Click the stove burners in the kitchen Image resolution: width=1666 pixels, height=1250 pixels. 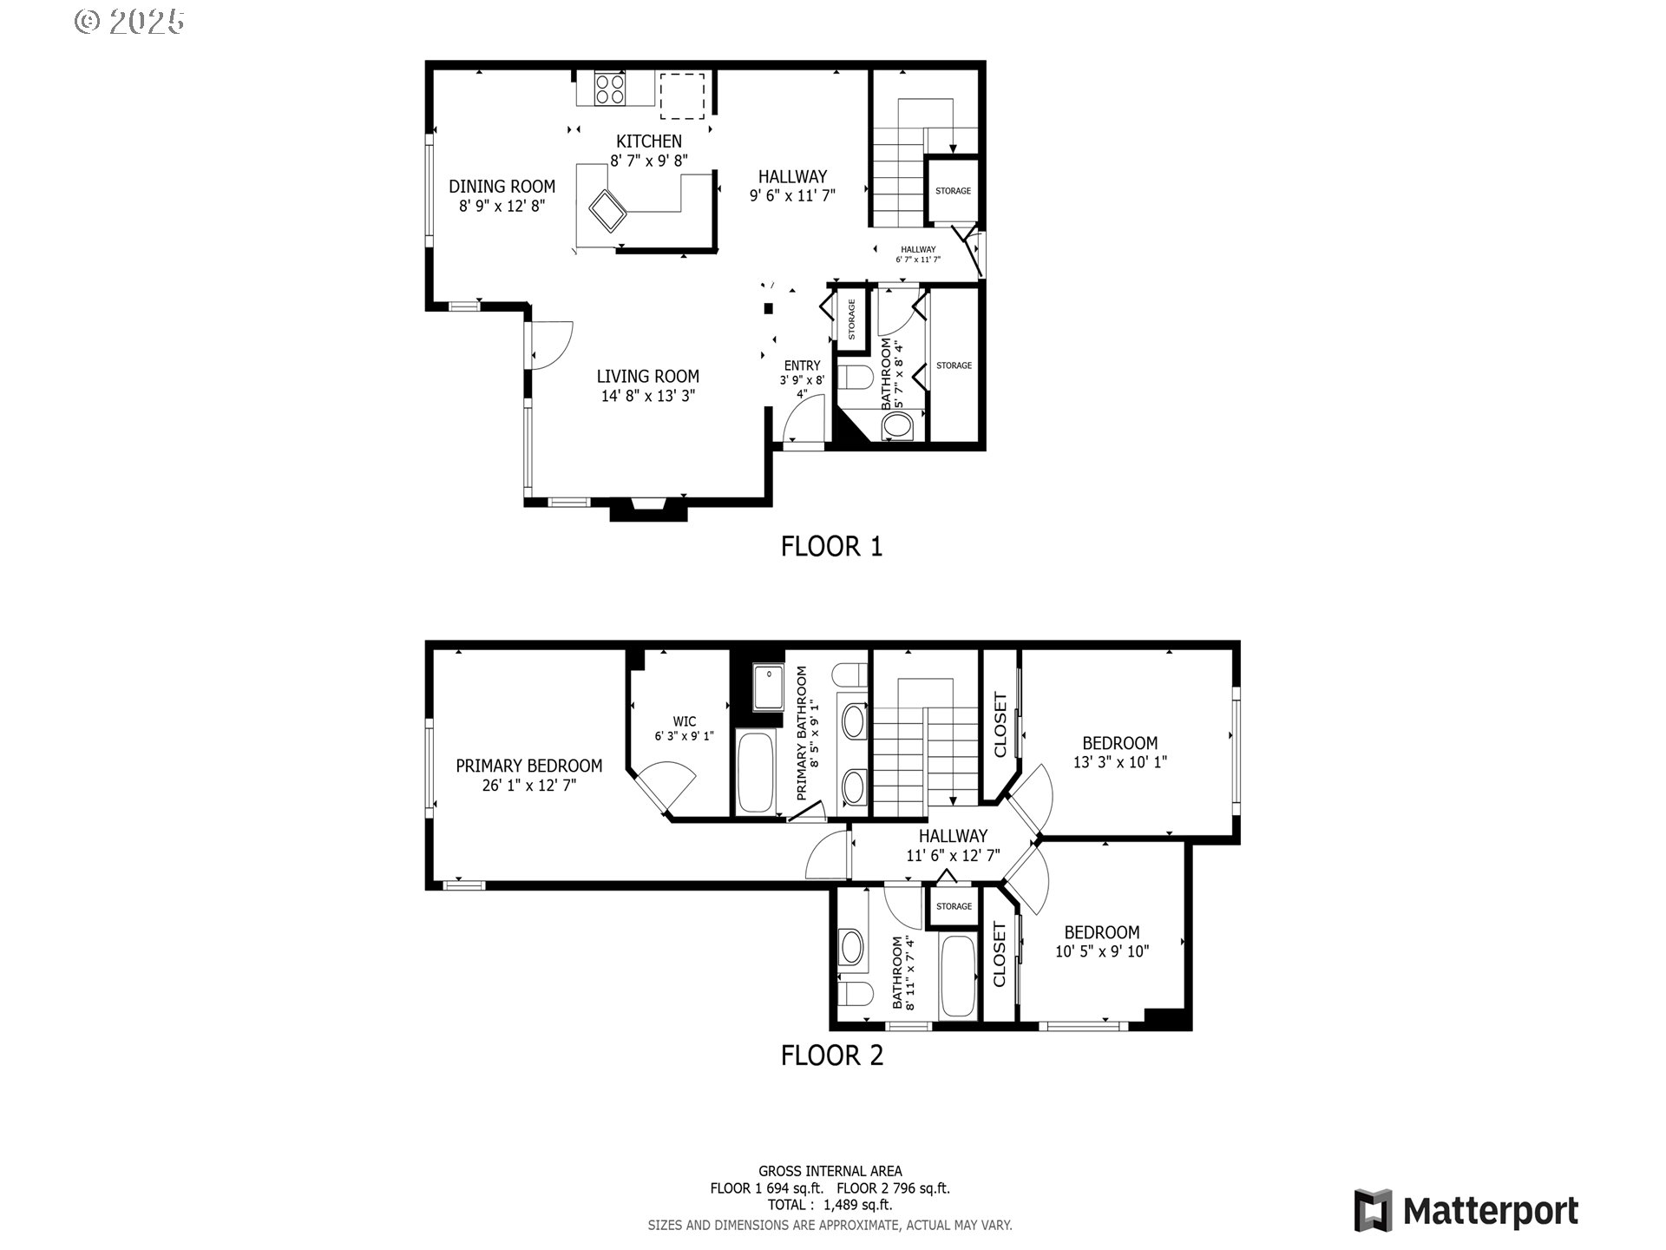click(x=610, y=89)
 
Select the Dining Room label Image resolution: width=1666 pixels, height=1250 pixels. click(x=502, y=186)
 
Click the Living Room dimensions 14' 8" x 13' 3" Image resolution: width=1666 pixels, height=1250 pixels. click(x=647, y=397)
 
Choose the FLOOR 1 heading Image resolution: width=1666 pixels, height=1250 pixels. click(x=831, y=546)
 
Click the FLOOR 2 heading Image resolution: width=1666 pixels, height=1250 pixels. click(x=831, y=1056)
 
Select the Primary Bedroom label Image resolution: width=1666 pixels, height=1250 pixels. click(x=528, y=766)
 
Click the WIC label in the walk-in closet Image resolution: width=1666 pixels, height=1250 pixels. click(x=684, y=721)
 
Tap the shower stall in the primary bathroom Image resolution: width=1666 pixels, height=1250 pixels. click(x=766, y=687)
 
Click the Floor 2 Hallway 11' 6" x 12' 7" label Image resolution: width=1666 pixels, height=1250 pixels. click(x=953, y=845)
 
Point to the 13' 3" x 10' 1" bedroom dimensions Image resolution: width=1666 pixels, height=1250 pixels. click(x=1119, y=762)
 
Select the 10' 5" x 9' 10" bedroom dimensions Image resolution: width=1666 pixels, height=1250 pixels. click(x=1101, y=951)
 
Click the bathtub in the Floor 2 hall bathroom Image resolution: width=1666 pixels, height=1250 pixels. click(x=958, y=976)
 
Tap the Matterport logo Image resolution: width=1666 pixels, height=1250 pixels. click(x=1466, y=1210)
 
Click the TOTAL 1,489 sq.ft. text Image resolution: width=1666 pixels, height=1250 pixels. click(x=830, y=1205)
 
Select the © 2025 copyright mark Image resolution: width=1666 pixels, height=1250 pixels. click(x=129, y=22)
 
